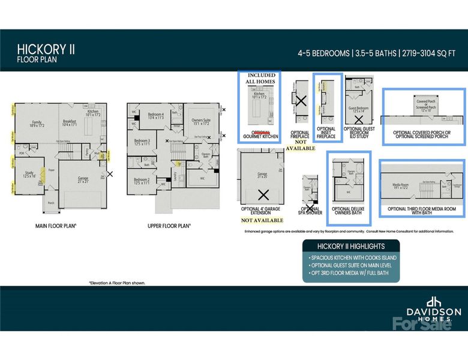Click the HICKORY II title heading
(x=46, y=48)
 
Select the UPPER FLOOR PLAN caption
(x=169, y=226)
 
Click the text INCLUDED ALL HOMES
(x=262, y=79)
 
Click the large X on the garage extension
(x=262, y=194)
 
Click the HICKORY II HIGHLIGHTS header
(x=351, y=246)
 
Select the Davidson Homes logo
(x=434, y=308)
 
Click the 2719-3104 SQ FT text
(x=430, y=53)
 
